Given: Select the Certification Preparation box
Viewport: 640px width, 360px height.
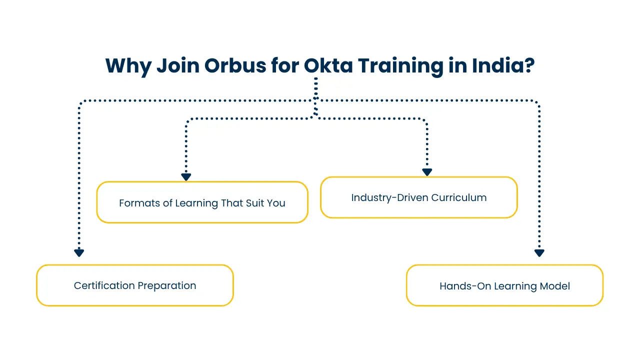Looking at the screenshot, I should (135, 285).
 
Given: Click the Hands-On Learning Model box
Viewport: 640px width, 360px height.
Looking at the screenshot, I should (504, 285).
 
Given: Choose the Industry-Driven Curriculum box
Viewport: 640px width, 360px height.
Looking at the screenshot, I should (418, 197).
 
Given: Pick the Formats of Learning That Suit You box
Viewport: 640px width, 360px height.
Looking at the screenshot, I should (202, 202).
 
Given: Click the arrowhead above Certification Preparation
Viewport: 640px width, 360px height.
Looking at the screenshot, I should (79, 253).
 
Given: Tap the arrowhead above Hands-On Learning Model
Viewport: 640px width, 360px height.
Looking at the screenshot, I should (539, 253).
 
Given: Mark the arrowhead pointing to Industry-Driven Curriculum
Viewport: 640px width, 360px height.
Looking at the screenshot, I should (426, 172).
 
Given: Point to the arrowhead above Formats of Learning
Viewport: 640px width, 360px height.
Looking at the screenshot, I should (186, 177).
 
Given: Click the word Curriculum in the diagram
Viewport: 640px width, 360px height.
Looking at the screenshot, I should (459, 197).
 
